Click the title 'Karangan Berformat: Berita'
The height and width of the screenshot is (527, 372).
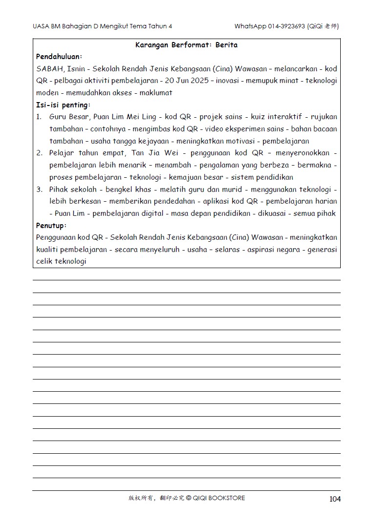(186, 45)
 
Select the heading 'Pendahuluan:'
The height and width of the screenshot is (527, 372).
(59, 57)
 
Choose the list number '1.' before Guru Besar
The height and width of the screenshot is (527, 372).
(39, 117)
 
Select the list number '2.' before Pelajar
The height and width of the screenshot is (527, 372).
(39, 153)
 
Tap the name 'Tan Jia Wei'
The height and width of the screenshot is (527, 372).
(152, 153)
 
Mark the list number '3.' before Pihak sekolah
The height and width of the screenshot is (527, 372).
(39, 190)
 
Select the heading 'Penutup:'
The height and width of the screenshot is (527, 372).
(51, 226)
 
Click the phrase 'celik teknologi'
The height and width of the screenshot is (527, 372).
(61, 261)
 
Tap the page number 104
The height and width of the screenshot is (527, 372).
(335, 499)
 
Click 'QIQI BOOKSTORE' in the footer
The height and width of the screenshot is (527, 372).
(219, 498)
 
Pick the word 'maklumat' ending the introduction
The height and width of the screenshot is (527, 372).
(157, 93)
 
